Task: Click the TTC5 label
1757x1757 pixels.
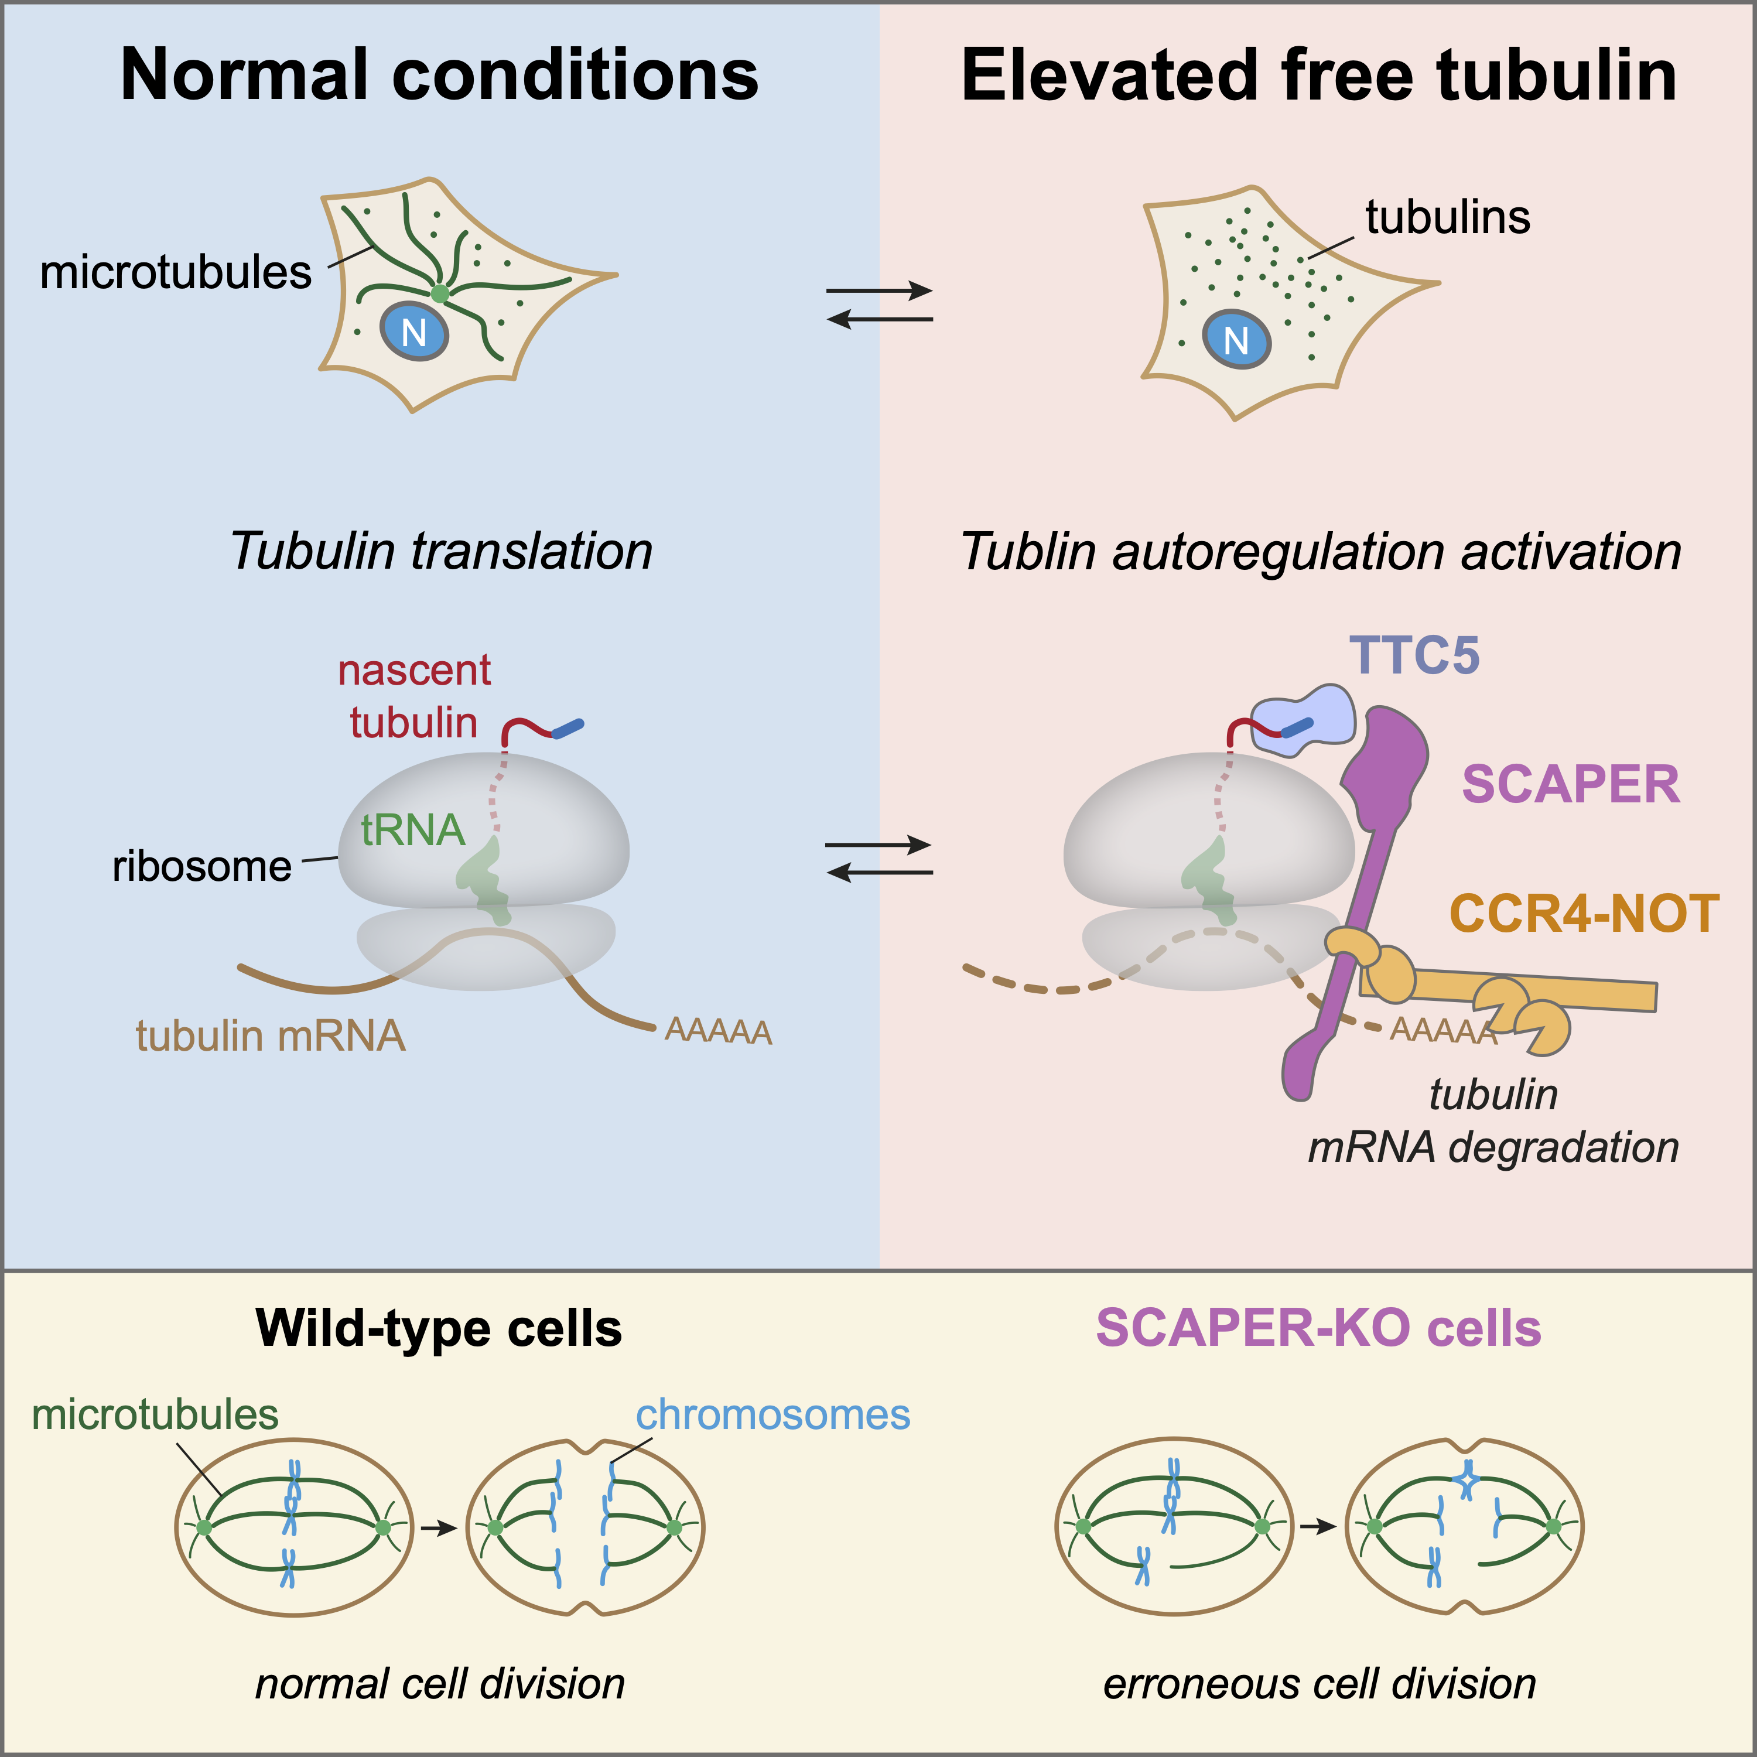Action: (1414, 656)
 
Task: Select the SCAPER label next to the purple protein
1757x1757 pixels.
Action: (1571, 784)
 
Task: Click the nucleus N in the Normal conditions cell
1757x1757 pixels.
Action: (414, 332)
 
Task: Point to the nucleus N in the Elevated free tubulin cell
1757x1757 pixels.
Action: (1236, 340)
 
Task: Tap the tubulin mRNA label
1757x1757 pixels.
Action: (270, 1036)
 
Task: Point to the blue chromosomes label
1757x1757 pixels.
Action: (772, 1415)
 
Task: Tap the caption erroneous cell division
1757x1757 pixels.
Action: (1320, 1683)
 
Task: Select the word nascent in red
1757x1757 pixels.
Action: (414, 670)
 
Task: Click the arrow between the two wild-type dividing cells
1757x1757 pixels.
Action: (439, 1528)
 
